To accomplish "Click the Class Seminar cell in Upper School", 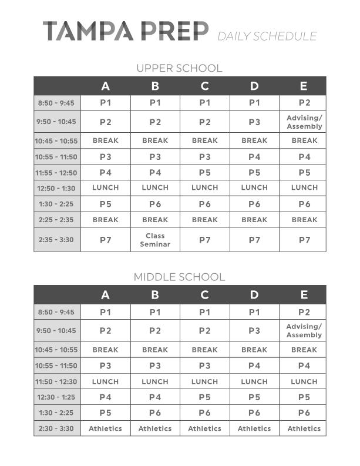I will pyautogui.click(x=155, y=240).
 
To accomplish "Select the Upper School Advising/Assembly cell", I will pyautogui.click(x=304, y=122).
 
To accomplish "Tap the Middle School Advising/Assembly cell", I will pyautogui.click(x=304, y=331).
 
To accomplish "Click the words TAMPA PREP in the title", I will pyautogui.click(x=126, y=31).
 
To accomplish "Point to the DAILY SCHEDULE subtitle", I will pyautogui.click(x=267, y=36).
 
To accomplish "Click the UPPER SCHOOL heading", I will pyautogui.click(x=179, y=68).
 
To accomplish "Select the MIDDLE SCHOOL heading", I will pyautogui.click(x=179, y=277).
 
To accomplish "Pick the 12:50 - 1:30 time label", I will pyautogui.click(x=57, y=188).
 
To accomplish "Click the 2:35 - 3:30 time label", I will pyautogui.click(x=57, y=240).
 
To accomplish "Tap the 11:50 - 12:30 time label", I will pyautogui.click(x=57, y=381).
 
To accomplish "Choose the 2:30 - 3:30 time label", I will pyautogui.click(x=57, y=428).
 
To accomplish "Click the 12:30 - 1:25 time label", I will pyautogui.click(x=57, y=397).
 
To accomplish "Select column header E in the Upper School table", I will pyautogui.click(x=304, y=86).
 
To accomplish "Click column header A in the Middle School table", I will pyautogui.click(x=106, y=295).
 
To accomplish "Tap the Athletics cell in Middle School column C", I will pyautogui.click(x=204, y=428).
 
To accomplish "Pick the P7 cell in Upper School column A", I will pyautogui.click(x=106, y=240).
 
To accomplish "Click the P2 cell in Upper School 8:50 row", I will pyautogui.click(x=304, y=103).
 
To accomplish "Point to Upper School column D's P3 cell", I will pyautogui.click(x=254, y=122).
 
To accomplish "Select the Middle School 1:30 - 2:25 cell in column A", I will pyautogui.click(x=106, y=413).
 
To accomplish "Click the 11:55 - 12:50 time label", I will pyautogui.click(x=57, y=173).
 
